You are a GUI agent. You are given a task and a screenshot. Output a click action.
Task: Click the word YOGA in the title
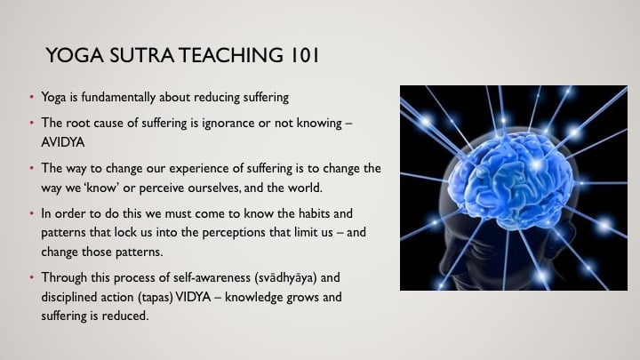click(x=75, y=55)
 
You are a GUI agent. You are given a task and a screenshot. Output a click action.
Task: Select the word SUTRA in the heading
click(x=142, y=55)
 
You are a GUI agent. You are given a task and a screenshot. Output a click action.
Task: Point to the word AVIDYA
click(x=63, y=142)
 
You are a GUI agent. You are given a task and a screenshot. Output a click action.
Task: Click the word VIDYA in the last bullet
click(x=193, y=297)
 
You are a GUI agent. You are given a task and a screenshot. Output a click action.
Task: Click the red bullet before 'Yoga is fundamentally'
click(x=32, y=97)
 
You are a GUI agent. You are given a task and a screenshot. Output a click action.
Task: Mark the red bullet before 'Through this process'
click(x=32, y=277)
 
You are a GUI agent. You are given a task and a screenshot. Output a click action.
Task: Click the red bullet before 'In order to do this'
click(x=32, y=213)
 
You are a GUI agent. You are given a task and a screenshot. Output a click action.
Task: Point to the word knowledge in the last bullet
click(x=253, y=297)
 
